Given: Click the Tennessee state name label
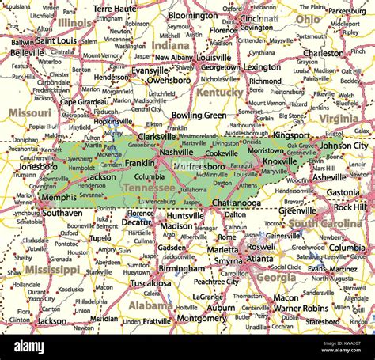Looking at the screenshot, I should pos(150,188).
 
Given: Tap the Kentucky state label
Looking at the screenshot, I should pos(220,93).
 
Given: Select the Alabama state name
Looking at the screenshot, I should pos(150,305).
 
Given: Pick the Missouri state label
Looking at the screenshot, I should pos(30,113).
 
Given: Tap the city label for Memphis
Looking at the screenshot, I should pos(59,198).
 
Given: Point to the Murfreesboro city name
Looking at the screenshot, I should pos(199,166).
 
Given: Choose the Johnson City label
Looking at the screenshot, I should pos(343,146).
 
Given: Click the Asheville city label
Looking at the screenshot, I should pos(330,177).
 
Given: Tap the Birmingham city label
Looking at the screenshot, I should pos(181,268).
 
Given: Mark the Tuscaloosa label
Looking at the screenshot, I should pos(150,282).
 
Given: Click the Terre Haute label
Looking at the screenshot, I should pos(115,8).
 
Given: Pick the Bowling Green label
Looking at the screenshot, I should pos(199,115).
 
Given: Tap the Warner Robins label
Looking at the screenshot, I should pos(300,308).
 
